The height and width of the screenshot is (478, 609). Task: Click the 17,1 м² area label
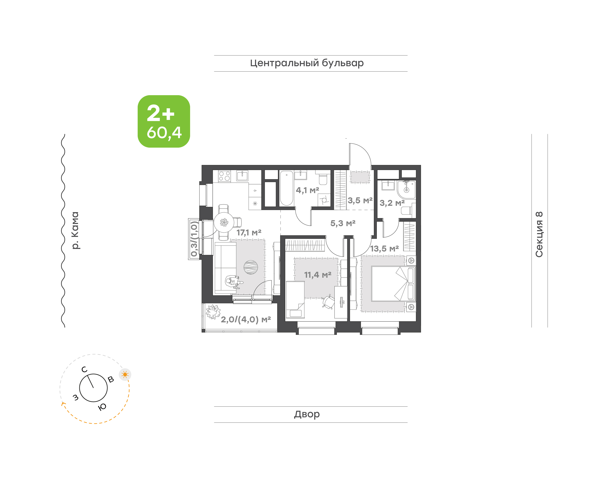tap(249, 233)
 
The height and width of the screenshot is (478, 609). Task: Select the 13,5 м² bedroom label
tap(384, 249)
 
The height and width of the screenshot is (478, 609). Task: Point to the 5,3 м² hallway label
tap(343, 223)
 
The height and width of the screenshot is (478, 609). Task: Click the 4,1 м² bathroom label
tap(307, 190)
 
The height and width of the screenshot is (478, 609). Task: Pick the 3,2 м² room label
tap(392, 203)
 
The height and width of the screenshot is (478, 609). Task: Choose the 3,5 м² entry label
tap(360, 200)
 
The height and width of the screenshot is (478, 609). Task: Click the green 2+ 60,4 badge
tap(164, 121)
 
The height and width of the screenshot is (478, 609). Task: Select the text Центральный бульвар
tap(307, 63)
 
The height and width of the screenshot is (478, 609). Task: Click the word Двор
tap(307, 414)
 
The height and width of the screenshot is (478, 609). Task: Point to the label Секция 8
tap(539, 234)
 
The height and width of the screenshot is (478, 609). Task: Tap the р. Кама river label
tap(75, 230)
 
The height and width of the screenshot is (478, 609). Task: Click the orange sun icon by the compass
tap(125, 374)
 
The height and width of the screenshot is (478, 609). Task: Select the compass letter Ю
tap(102, 407)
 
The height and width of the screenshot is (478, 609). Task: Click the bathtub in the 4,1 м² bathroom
tap(287, 188)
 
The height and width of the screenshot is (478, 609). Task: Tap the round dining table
tap(224, 223)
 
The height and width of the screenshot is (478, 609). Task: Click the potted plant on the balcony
tap(213, 312)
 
